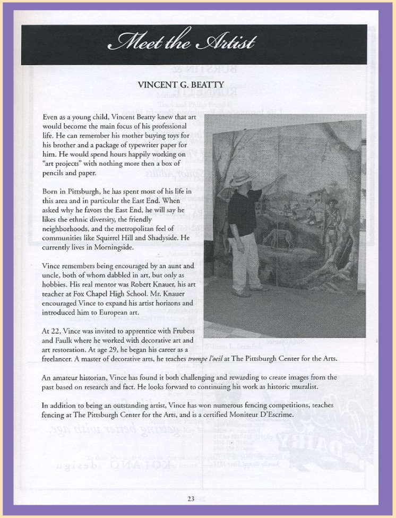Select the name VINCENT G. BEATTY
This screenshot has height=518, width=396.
click(180, 85)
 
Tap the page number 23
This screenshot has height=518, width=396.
click(191, 498)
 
